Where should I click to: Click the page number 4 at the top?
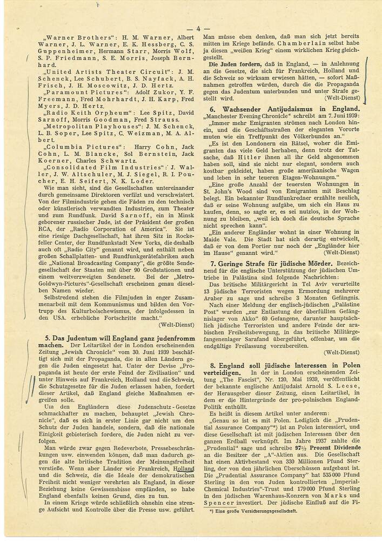[198, 29]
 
